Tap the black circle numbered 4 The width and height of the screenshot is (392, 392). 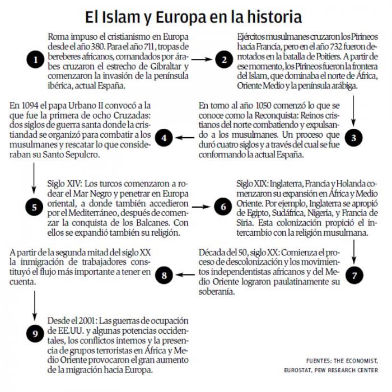(x=163, y=137)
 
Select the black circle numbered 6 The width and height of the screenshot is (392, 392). (x=223, y=207)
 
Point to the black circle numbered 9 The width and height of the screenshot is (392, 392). (x=35, y=334)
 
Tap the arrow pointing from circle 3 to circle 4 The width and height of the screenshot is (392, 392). (x=186, y=137)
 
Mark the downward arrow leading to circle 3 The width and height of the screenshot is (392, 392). (x=353, y=109)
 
